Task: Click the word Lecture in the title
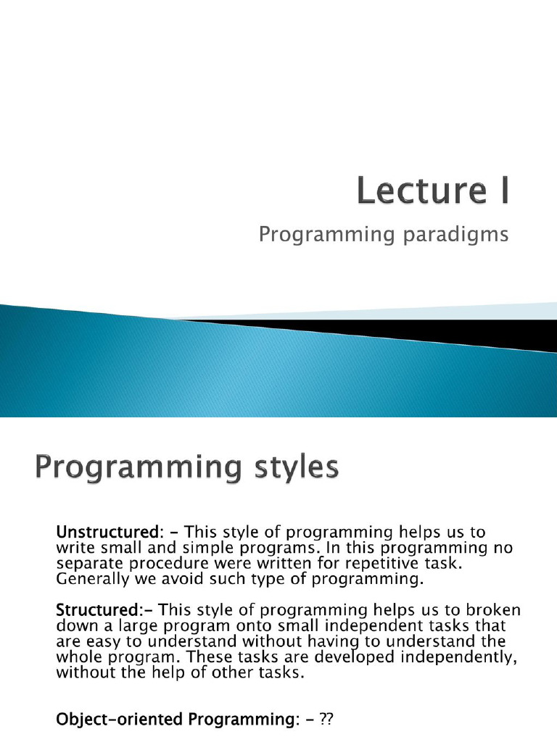coord(422,191)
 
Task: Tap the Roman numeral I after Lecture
coord(504,191)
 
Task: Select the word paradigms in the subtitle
coord(455,235)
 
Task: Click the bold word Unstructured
coord(107,532)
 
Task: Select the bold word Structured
coord(96,609)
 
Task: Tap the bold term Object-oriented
coord(120,720)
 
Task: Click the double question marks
coord(326,720)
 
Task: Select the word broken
coord(492,609)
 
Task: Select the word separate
coord(91,564)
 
